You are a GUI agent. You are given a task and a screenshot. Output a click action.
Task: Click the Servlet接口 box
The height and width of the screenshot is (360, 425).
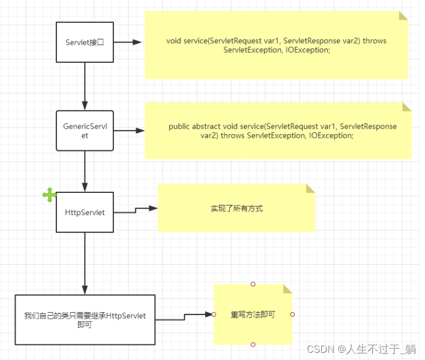tap(85, 42)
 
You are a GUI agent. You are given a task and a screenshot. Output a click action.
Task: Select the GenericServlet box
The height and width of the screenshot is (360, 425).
tap(85, 131)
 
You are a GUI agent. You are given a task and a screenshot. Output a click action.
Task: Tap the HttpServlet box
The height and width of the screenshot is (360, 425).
tap(85, 212)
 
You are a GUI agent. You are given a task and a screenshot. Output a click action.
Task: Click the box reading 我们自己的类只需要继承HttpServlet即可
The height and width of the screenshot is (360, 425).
tap(85, 320)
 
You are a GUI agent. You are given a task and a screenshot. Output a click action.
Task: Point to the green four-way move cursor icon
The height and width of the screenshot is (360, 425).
tap(50, 195)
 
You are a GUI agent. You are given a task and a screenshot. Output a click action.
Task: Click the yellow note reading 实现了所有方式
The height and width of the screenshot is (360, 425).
tap(236, 208)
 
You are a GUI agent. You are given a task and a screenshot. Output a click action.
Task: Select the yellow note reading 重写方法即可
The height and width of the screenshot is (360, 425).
tap(252, 314)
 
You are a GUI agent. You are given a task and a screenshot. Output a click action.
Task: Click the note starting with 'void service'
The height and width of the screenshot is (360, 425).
tap(276, 46)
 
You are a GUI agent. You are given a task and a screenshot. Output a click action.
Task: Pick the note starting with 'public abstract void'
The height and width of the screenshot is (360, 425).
tap(278, 131)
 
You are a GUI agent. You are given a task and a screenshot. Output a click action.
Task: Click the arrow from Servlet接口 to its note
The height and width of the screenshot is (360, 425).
tap(127, 42)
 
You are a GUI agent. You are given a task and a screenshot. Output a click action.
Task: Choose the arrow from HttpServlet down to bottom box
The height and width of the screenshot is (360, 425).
tap(85, 263)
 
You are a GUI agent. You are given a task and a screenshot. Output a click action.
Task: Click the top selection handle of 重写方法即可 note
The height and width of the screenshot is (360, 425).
tap(253, 284)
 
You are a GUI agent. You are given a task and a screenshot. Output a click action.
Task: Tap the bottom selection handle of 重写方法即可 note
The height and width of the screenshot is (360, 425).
tap(253, 344)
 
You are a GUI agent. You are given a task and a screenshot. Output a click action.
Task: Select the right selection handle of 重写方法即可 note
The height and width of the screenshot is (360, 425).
tap(292, 314)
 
